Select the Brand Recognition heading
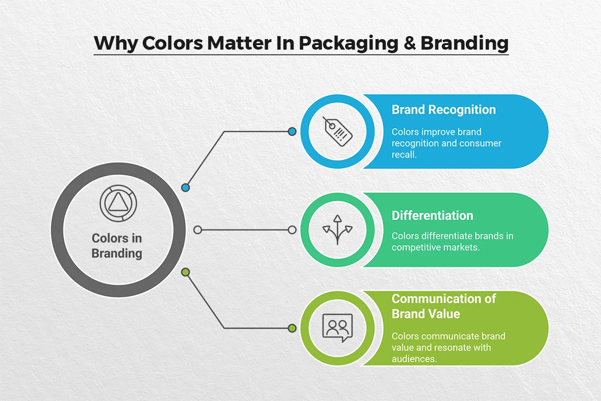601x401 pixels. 444,110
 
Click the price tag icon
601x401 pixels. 337,131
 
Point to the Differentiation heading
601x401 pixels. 432,216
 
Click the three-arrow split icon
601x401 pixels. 337,230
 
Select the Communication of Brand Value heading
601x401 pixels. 443,306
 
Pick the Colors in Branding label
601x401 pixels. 117,246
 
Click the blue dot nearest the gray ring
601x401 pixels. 186,187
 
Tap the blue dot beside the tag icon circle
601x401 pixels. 292,131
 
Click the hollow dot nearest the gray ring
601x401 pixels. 198,230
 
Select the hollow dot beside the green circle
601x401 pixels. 292,230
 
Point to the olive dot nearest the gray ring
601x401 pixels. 186,272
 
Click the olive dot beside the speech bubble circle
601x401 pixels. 292,328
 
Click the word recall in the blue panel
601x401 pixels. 404,155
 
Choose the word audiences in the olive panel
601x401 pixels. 414,359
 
